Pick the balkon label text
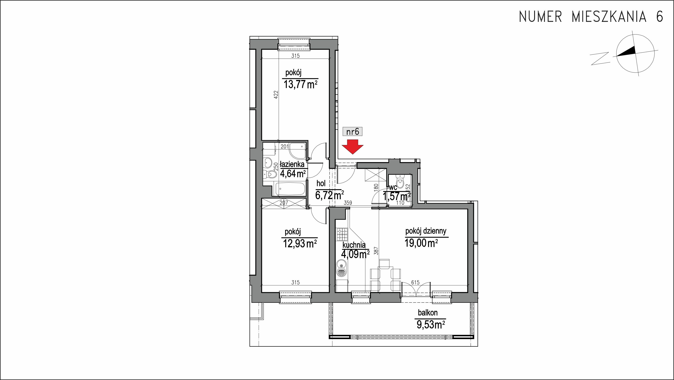click(428, 313)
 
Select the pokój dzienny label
click(426, 231)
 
